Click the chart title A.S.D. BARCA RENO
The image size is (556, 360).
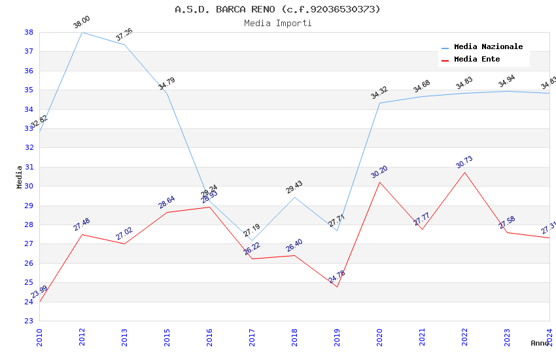click(277, 9)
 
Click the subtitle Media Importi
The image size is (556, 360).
click(277, 24)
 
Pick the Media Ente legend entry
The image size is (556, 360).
click(477, 60)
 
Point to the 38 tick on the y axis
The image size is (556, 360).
click(29, 32)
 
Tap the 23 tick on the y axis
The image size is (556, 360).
click(29, 321)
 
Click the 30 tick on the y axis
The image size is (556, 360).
click(29, 187)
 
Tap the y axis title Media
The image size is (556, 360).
click(20, 177)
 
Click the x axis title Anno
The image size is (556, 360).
click(540, 343)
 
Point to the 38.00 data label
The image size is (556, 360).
click(82, 23)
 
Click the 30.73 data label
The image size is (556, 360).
click(464, 162)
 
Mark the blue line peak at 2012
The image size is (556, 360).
click(82, 32)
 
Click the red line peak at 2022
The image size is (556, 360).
click(464, 172)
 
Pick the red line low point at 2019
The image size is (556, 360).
click(338, 287)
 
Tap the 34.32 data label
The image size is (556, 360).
click(379, 93)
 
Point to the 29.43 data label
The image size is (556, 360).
click(294, 188)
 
